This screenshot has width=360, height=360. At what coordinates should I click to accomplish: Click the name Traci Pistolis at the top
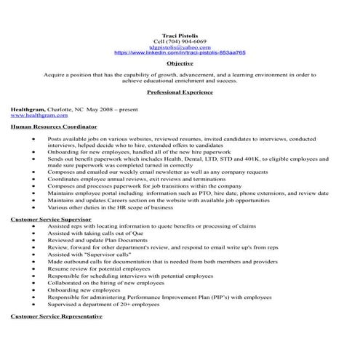coord(180,35)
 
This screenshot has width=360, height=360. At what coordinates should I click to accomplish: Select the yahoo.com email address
coord(180,47)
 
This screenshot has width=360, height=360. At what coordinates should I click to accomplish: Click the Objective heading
coord(180,63)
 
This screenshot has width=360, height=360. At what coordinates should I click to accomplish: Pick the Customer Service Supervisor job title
coord(50,218)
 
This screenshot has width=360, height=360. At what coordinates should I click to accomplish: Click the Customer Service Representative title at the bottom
coord(56,316)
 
